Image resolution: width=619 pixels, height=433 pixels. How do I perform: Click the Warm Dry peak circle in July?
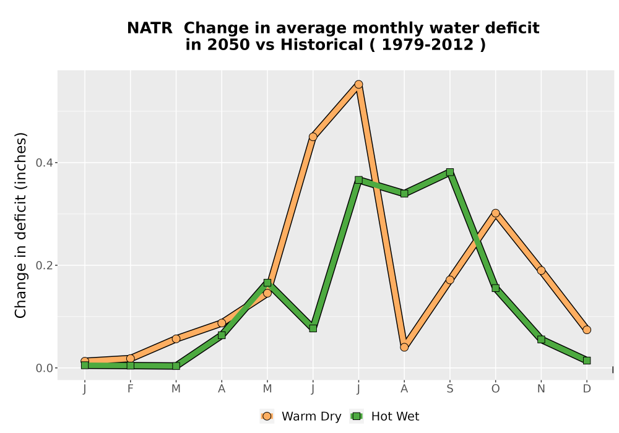pyautogui.click(x=358, y=84)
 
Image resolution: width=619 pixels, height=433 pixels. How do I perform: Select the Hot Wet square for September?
pyautogui.click(x=449, y=172)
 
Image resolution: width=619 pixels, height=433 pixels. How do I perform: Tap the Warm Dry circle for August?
pyautogui.click(x=404, y=347)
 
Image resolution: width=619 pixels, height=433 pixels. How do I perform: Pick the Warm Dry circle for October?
pyautogui.click(x=495, y=213)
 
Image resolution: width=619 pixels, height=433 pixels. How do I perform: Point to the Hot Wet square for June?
pyautogui.click(x=313, y=328)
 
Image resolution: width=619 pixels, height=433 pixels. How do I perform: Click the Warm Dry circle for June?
pyautogui.click(x=313, y=137)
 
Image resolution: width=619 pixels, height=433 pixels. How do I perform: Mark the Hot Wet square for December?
pyautogui.click(x=587, y=361)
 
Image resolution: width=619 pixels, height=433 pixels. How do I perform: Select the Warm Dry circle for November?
pyautogui.click(x=541, y=270)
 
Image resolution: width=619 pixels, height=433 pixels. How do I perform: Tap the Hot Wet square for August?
pyautogui.click(x=404, y=193)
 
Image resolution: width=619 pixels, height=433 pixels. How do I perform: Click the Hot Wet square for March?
pyautogui.click(x=176, y=366)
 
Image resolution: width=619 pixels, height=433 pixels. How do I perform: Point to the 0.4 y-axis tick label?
pyautogui.click(x=44, y=163)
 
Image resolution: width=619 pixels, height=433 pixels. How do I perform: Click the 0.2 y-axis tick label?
pyautogui.click(x=44, y=265)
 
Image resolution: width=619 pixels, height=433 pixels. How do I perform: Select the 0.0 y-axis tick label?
pyautogui.click(x=44, y=368)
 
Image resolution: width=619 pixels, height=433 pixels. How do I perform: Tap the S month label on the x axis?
pyautogui.click(x=449, y=389)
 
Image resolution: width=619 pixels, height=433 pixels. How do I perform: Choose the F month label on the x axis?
pyautogui.click(x=130, y=389)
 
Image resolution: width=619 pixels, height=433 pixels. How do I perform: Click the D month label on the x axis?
pyautogui.click(x=587, y=389)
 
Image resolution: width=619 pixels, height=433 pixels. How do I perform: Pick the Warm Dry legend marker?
pyautogui.click(x=267, y=416)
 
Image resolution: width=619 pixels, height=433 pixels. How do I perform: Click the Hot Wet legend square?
pyautogui.click(x=357, y=416)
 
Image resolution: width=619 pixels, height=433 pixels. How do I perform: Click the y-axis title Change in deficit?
pyautogui.click(x=20, y=225)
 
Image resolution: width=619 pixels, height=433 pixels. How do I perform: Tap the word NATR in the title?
pyautogui.click(x=150, y=28)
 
